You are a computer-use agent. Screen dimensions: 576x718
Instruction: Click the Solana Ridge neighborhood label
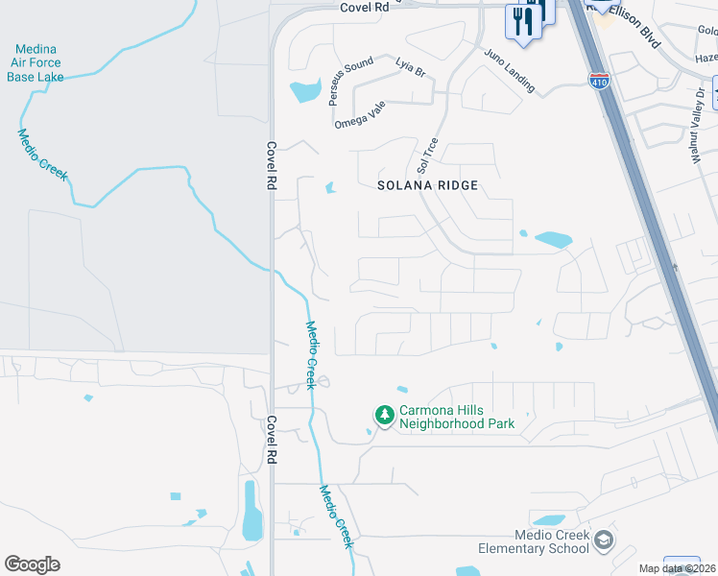coord(426,184)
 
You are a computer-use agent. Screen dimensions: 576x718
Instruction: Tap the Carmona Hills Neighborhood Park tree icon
coord(384,416)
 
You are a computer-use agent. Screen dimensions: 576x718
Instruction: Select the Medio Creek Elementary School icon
coord(603,540)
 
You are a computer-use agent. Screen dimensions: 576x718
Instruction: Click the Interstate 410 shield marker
coord(598,81)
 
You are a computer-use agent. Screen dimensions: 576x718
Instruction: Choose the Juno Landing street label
coord(509,70)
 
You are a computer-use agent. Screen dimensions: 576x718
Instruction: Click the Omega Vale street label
coord(358,117)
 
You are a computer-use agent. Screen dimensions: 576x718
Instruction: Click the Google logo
coord(32,564)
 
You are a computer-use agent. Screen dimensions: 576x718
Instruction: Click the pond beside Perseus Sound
coord(305,92)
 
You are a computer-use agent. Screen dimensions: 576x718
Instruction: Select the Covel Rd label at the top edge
coord(363,7)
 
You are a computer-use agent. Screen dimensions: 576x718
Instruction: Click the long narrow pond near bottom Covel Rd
coord(251,511)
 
